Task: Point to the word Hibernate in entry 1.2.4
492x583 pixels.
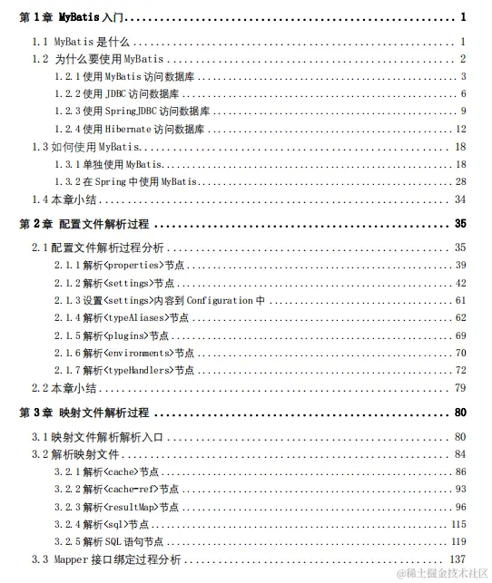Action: tap(122, 130)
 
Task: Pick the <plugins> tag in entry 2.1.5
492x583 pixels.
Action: tap(127, 335)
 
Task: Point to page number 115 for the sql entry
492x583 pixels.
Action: tap(458, 524)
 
